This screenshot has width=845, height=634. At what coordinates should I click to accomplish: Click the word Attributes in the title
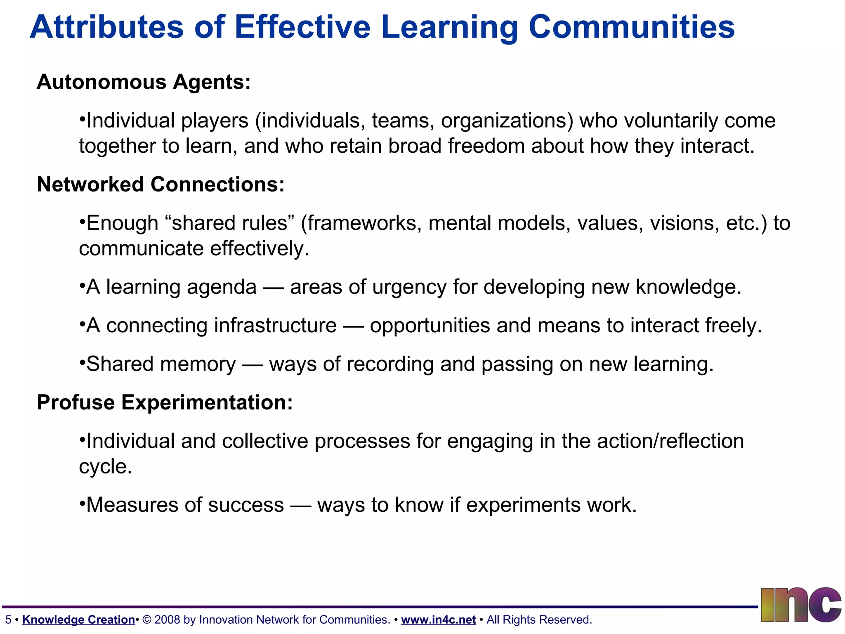tap(106, 27)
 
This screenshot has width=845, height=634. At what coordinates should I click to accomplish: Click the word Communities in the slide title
tap(631, 27)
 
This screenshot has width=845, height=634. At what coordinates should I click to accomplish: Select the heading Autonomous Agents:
tap(144, 82)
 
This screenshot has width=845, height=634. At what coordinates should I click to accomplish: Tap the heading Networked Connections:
tap(161, 184)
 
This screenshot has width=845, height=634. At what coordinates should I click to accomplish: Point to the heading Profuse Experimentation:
tap(165, 402)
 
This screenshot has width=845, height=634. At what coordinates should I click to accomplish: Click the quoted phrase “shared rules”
tap(229, 223)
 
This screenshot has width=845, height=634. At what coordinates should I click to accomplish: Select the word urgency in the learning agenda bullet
tap(409, 287)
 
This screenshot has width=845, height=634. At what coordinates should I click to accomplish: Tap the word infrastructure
tap(275, 325)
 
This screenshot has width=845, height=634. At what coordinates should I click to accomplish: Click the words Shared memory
tap(161, 364)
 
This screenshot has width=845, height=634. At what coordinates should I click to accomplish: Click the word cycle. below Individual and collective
tap(105, 466)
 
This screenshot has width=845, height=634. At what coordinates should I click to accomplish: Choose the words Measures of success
tap(185, 505)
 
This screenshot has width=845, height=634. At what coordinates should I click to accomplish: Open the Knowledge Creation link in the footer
tap(78, 620)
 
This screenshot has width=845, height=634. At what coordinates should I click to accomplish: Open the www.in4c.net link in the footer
tap(438, 620)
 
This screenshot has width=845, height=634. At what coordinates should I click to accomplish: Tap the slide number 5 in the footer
tap(8, 620)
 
